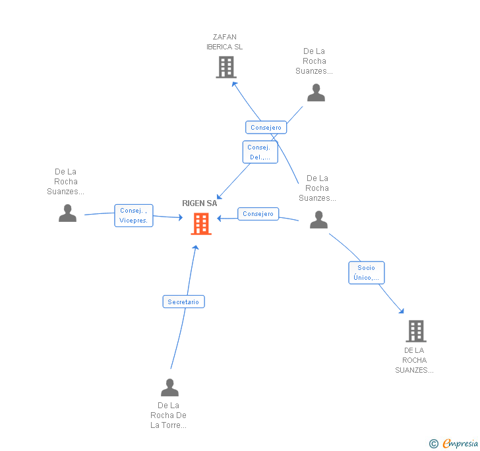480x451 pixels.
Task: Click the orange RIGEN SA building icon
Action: [201, 224]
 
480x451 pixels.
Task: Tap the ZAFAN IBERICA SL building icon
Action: [225, 66]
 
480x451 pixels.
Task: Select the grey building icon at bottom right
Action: [415, 331]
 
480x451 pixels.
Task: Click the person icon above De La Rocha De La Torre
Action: [169, 387]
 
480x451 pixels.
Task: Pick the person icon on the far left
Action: [67, 213]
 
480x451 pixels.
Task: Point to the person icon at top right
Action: [316, 93]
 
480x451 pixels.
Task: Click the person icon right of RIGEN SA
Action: [318, 219]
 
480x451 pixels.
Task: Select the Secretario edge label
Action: [183, 302]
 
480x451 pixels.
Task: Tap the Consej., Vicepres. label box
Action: [134, 215]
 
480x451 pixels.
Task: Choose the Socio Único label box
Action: [366, 273]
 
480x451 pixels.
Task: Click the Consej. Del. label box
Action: [260, 152]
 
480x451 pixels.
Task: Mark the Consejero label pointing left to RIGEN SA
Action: [258, 214]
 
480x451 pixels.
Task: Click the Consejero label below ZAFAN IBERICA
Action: [266, 128]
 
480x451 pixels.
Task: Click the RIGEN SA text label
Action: [200, 203]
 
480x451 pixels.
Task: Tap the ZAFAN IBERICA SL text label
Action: [225, 42]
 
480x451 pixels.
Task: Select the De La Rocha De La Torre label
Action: [169, 415]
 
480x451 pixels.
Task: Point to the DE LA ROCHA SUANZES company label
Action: [415, 360]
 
